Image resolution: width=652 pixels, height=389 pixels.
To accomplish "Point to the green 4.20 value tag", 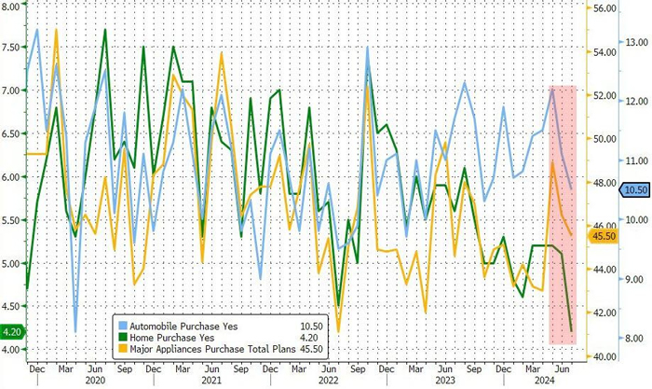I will pyautogui.click(x=13, y=330).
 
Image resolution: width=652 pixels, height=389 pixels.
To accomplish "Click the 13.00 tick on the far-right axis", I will pyautogui.click(x=636, y=42).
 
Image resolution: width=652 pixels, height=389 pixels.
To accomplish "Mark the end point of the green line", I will pyautogui.click(x=571, y=330).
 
